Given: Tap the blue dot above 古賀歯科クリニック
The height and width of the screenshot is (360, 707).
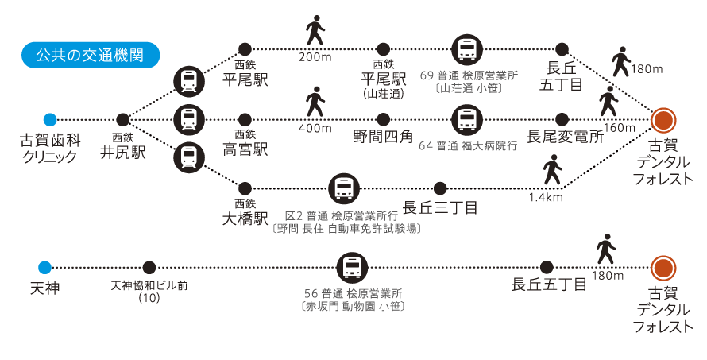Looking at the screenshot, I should point(50,120).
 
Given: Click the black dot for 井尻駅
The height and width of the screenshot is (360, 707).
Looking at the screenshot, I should point(122,120).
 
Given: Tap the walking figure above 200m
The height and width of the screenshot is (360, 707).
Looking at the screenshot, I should point(315,32).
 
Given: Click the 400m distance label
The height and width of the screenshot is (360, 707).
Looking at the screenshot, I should point(315,129).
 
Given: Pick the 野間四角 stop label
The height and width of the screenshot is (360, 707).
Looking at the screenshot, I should point(384,137).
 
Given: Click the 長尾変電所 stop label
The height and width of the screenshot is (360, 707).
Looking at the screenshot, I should point(565,137).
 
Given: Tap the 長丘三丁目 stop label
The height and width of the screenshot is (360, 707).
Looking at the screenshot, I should point(440,207).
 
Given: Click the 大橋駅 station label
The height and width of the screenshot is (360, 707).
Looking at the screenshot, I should point(245,218).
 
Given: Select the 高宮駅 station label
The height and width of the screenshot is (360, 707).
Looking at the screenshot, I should point(245,149).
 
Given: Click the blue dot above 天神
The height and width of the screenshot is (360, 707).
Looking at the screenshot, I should point(44,268).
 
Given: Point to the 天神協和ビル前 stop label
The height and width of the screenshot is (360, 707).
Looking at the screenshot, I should point(149,285).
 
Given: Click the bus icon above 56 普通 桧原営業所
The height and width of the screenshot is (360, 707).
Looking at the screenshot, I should point(351,268).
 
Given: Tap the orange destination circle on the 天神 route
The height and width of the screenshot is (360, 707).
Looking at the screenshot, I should point(663,268).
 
